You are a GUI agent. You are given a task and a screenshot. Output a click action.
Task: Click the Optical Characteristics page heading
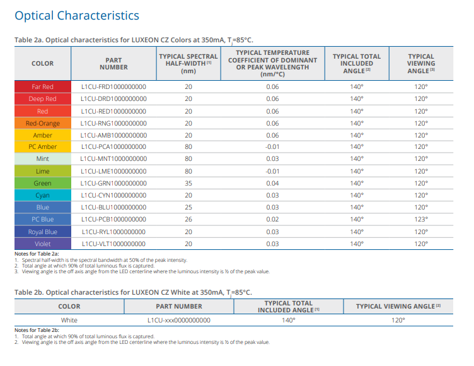pyautogui.click(x=76, y=16)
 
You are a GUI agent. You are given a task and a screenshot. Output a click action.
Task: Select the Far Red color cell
pyautogui.click(x=42, y=86)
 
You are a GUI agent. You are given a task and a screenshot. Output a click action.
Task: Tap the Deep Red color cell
pyautogui.click(x=42, y=98)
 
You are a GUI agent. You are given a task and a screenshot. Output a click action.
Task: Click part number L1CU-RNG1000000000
pyautogui.click(x=113, y=123)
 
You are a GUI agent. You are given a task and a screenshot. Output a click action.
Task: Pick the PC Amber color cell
pyautogui.click(x=42, y=147)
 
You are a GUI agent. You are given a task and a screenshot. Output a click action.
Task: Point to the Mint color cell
pyautogui.click(x=42, y=159)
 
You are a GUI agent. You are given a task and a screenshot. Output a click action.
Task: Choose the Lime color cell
pyautogui.click(x=42, y=171)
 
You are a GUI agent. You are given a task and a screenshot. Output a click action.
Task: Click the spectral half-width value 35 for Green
pyautogui.click(x=188, y=183)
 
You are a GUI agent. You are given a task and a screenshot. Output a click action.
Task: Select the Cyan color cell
pyautogui.click(x=42, y=195)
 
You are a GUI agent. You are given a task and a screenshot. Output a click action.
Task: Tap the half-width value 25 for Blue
pyautogui.click(x=188, y=207)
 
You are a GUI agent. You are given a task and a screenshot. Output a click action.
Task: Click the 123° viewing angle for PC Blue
pyautogui.click(x=420, y=219)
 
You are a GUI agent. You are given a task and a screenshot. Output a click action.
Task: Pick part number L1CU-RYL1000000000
pyautogui.click(x=113, y=232)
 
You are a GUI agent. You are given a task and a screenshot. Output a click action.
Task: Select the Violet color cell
pyautogui.click(x=42, y=244)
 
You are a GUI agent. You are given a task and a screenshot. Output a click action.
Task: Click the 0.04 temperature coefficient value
pyautogui.click(x=272, y=183)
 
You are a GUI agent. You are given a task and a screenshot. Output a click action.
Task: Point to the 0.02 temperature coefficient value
pyautogui.click(x=272, y=219)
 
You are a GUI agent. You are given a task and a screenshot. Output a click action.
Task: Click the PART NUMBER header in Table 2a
pyautogui.click(x=113, y=63)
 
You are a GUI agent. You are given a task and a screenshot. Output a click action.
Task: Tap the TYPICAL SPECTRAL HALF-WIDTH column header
pyautogui.click(x=188, y=63)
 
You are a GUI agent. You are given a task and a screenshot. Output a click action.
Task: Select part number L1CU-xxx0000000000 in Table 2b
pyautogui.click(x=179, y=320)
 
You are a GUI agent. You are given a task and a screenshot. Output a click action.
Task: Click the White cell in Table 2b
pyautogui.click(x=69, y=320)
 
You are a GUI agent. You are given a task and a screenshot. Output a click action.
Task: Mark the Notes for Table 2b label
pyautogui.click(x=37, y=330)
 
